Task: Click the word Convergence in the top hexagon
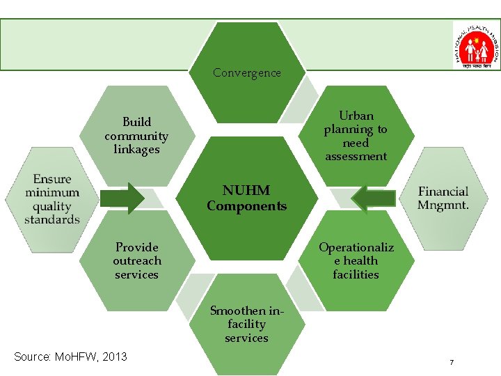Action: tap(246, 72)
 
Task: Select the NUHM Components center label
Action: tap(246, 198)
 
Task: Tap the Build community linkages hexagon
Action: tap(136, 136)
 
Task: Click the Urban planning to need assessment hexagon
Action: tap(356, 136)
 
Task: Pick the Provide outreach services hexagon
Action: tap(136, 260)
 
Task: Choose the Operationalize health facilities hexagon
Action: tap(356, 260)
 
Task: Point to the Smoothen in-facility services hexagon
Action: tap(246, 324)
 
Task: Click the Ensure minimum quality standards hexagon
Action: tap(52, 199)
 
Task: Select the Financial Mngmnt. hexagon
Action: tap(443, 198)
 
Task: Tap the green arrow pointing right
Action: tap(125, 198)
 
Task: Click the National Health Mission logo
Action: tap(476, 45)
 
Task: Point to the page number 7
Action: tap(452, 363)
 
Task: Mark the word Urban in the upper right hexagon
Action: tap(356, 116)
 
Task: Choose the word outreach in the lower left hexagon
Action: tap(136, 260)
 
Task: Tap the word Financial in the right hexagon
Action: tap(443, 191)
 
